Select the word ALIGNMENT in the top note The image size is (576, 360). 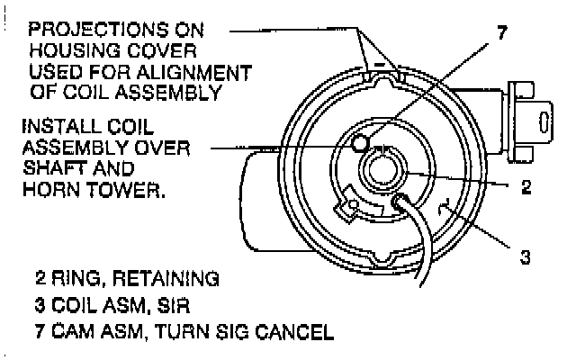pos(202,71)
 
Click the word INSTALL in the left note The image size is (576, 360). pos(64,127)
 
